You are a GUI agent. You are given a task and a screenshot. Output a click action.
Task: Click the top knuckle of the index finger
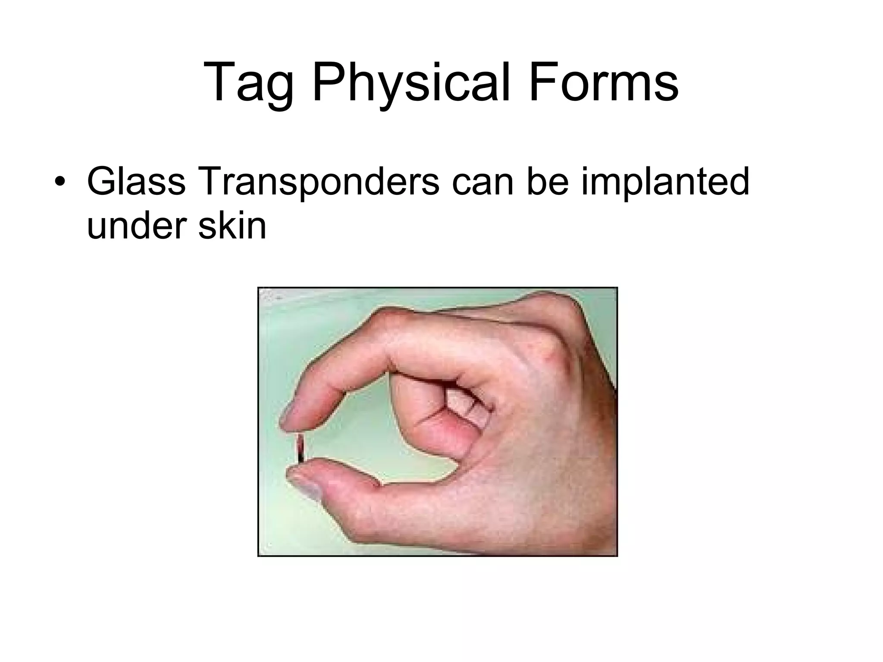pyautogui.click(x=390, y=319)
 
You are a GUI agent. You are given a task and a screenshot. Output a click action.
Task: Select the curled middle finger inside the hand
pyautogui.click(x=431, y=414)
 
